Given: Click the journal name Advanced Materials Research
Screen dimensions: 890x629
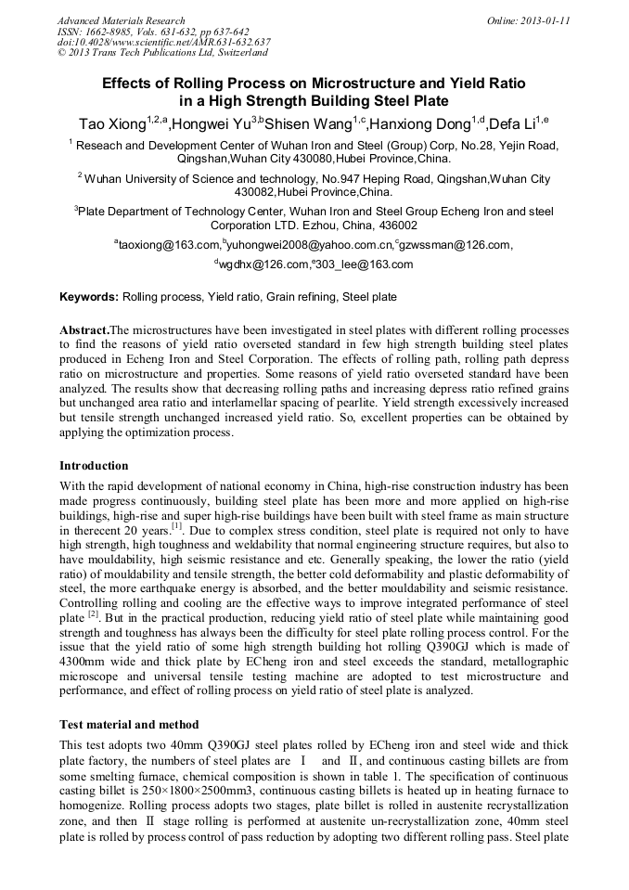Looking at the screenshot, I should point(121,20).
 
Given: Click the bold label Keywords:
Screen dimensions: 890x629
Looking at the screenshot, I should point(89,298).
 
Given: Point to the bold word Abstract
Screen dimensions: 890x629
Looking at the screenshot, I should point(83,329).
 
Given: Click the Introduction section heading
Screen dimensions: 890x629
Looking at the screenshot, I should point(94,465).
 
